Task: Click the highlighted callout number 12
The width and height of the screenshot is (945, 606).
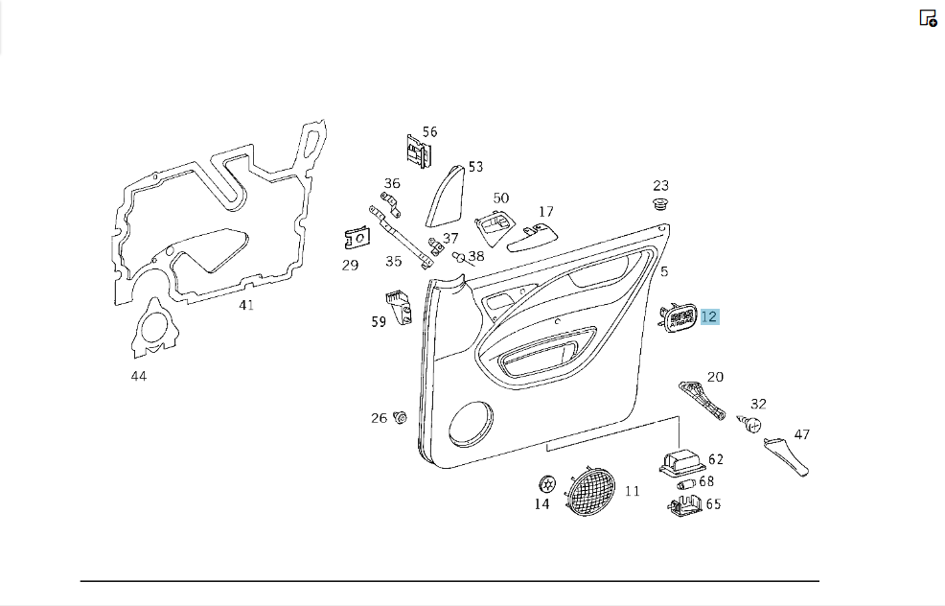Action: (x=709, y=316)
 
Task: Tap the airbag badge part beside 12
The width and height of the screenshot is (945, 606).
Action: (x=679, y=318)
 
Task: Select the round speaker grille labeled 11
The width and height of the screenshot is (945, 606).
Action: (x=590, y=492)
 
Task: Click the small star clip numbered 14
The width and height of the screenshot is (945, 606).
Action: (x=547, y=483)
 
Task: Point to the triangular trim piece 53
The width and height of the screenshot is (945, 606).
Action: (x=447, y=197)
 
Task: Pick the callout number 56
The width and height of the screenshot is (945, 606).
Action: (x=429, y=132)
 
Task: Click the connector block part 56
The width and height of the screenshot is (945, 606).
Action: (x=418, y=151)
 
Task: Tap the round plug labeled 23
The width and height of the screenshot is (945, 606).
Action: (x=661, y=204)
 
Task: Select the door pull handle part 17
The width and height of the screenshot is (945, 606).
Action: (x=532, y=238)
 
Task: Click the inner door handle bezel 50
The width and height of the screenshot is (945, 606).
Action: (x=496, y=228)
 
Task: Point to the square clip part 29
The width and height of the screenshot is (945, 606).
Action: (x=357, y=238)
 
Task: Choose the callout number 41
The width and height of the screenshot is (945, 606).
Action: (x=246, y=305)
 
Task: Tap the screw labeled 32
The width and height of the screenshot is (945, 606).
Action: (x=749, y=424)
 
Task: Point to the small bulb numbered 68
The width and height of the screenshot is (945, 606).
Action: (x=686, y=483)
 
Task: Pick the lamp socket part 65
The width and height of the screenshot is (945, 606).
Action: (x=684, y=506)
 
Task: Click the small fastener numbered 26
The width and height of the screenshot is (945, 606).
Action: (x=400, y=417)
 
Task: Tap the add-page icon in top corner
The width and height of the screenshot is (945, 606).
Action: (x=928, y=18)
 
